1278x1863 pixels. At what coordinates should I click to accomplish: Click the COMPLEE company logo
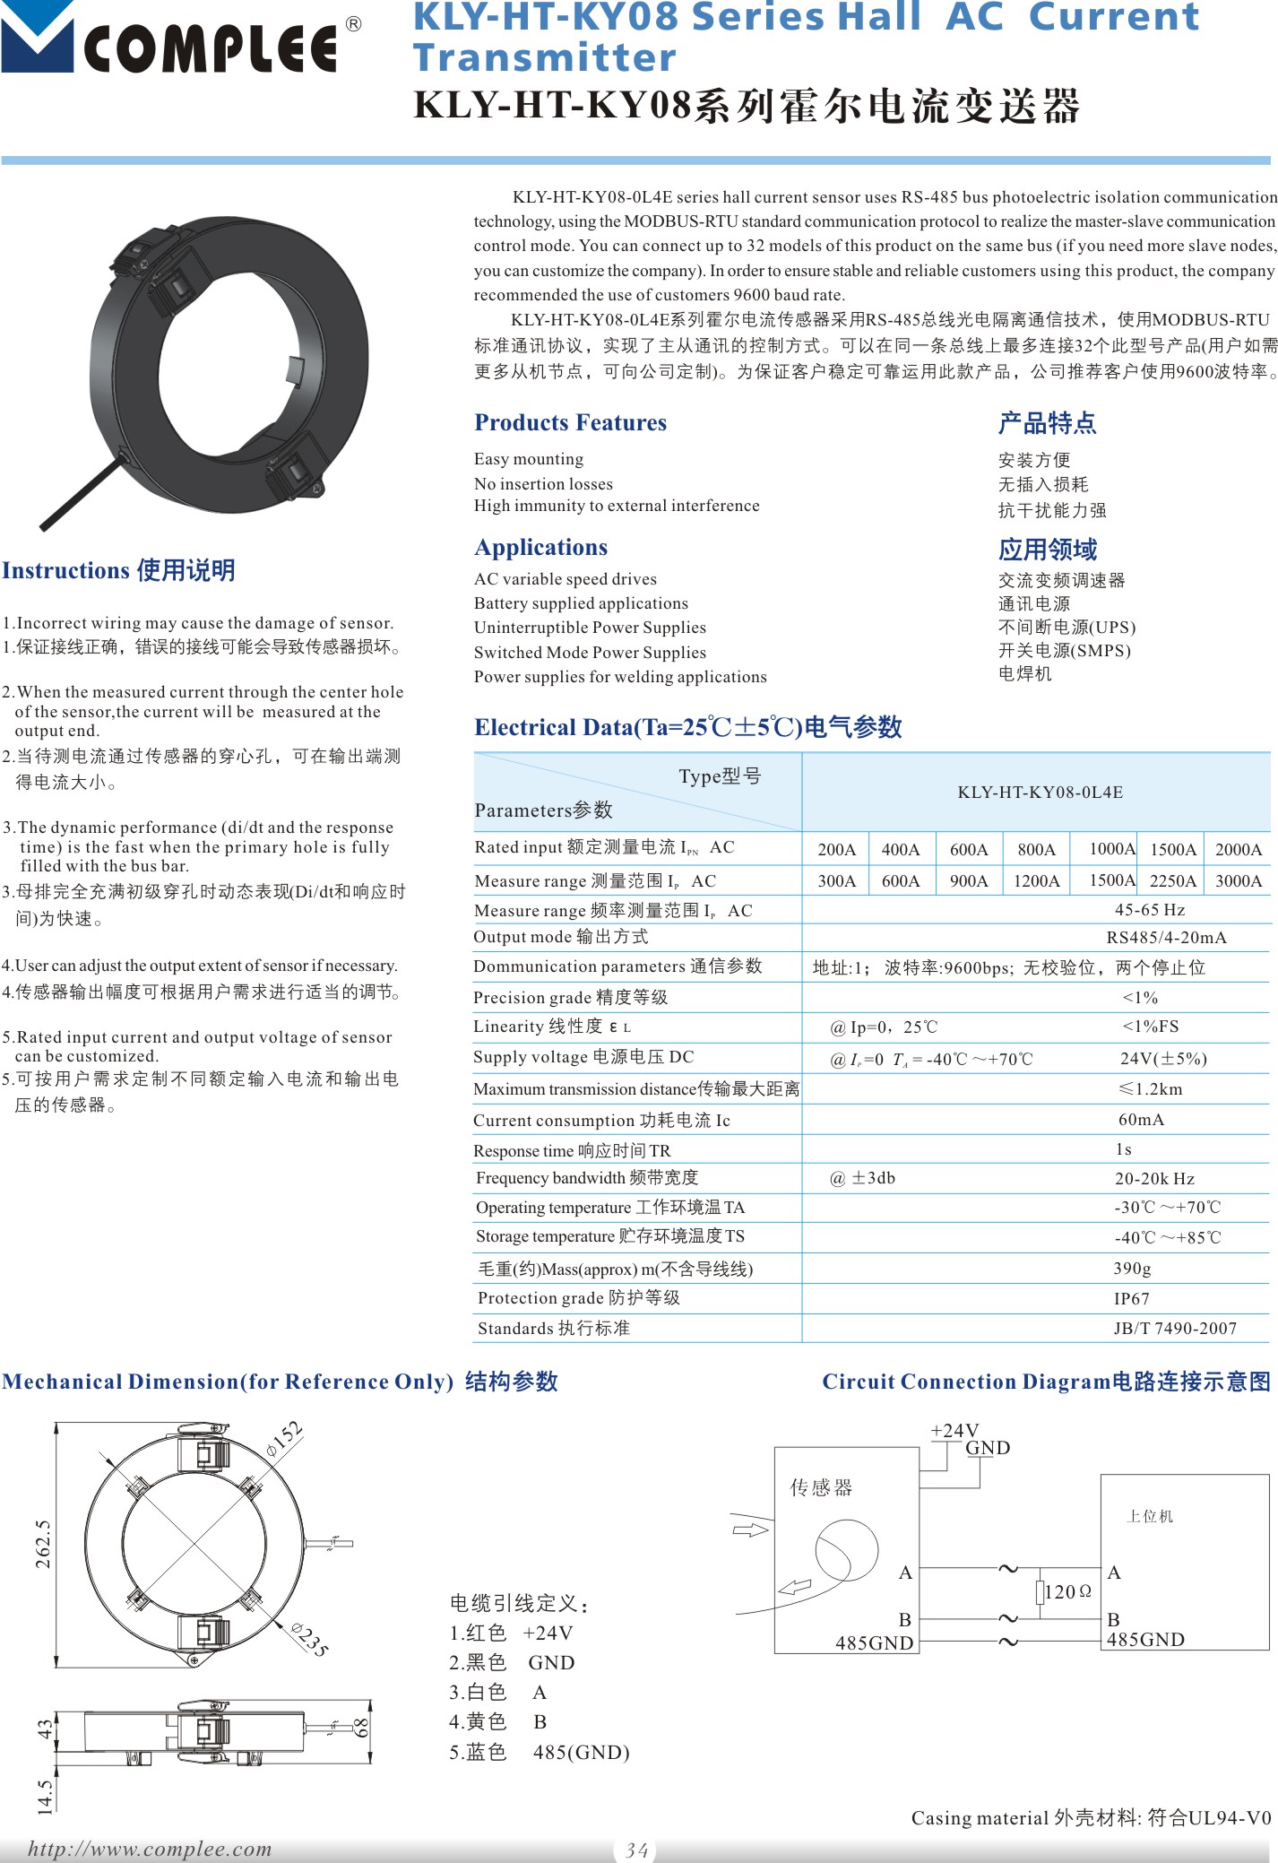point(179,40)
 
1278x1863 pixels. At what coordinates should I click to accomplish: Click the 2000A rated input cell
point(1238,849)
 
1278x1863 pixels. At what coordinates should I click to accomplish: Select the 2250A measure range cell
point(1172,880)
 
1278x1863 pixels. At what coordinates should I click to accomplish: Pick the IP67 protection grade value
point(1131,1298)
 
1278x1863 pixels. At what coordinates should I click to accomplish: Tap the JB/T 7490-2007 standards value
point(1174,1328)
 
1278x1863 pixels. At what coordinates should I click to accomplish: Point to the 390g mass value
point(1132,1268)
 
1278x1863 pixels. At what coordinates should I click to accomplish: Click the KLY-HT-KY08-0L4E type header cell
point(1040,792)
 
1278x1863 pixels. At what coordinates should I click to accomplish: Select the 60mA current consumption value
point(1141,1119)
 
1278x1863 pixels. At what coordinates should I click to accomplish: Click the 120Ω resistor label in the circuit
point(1067,1591)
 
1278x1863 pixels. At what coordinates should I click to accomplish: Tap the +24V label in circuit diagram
point(954,1430)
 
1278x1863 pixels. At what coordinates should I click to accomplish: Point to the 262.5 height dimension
point(43,1544)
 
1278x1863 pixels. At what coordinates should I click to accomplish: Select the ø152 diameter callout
point(285,1439)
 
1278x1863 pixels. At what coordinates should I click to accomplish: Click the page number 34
point(636,1850)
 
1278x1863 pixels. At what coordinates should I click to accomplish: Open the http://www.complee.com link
point(150,1849)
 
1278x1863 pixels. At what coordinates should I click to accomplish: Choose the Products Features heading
point(570,422)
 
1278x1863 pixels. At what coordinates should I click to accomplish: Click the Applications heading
point(540,547)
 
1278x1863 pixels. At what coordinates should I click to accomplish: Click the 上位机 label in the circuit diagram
point(1150,1516)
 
